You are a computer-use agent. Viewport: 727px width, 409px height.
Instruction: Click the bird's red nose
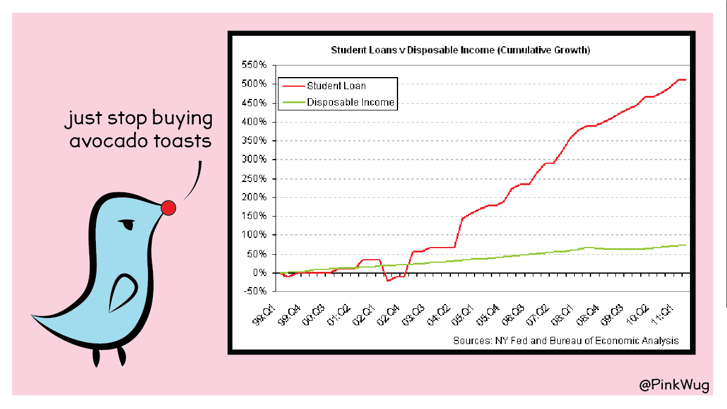tap(168, 208)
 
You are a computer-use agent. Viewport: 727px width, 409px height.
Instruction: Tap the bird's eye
tap(126, 224)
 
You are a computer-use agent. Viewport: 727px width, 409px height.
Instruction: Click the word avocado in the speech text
tap(107, 141)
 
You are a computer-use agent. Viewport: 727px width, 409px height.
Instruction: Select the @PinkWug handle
tap(674, 385)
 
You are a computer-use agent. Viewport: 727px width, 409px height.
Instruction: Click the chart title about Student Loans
tap(460, 50)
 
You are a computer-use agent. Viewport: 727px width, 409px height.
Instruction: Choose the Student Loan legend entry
tap(336, 86)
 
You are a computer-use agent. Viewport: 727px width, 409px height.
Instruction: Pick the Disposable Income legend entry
tap(350, 103)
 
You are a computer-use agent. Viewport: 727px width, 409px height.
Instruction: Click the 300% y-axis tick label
tap(255, 160)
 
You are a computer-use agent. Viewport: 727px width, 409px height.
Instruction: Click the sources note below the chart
tap(566, 340)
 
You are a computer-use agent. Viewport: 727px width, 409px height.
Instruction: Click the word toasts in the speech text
tap(181, 141)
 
